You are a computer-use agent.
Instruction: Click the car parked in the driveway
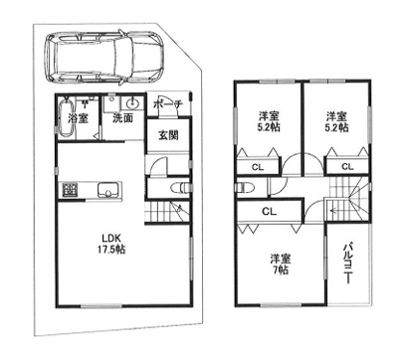coord(104,57)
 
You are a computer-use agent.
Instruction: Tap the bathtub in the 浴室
coord(67,117)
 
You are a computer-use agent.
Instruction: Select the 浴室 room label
coord(78,118)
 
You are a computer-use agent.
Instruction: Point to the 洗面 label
coord(122,118)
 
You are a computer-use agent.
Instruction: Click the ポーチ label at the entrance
coord(168,104)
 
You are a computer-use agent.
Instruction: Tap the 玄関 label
coord(168,135)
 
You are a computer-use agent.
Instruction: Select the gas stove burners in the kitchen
coord(70,190)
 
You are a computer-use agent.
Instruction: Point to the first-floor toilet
coord(180,188)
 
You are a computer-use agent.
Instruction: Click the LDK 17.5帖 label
coord(110,244)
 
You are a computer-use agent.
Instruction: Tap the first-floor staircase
coord(167,212)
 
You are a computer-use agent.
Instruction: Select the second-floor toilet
coord(245,187)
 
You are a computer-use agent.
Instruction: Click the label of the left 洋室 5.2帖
coord(269,121)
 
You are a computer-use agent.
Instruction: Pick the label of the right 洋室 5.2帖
coord(336,121)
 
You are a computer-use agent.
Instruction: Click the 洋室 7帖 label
coord(281,265)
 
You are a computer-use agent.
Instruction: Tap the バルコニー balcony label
coord(347,264)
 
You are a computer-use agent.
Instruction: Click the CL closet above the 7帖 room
coord(269,211)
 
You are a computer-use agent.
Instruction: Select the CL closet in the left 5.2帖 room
coord(258,167)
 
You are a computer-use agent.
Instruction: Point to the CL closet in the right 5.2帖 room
coord(347,167)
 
